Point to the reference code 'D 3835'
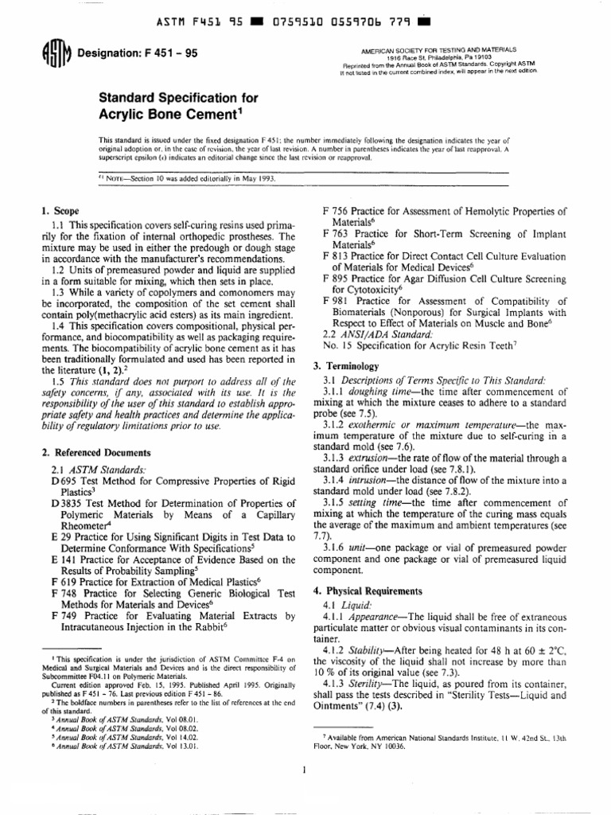coord(65,505)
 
